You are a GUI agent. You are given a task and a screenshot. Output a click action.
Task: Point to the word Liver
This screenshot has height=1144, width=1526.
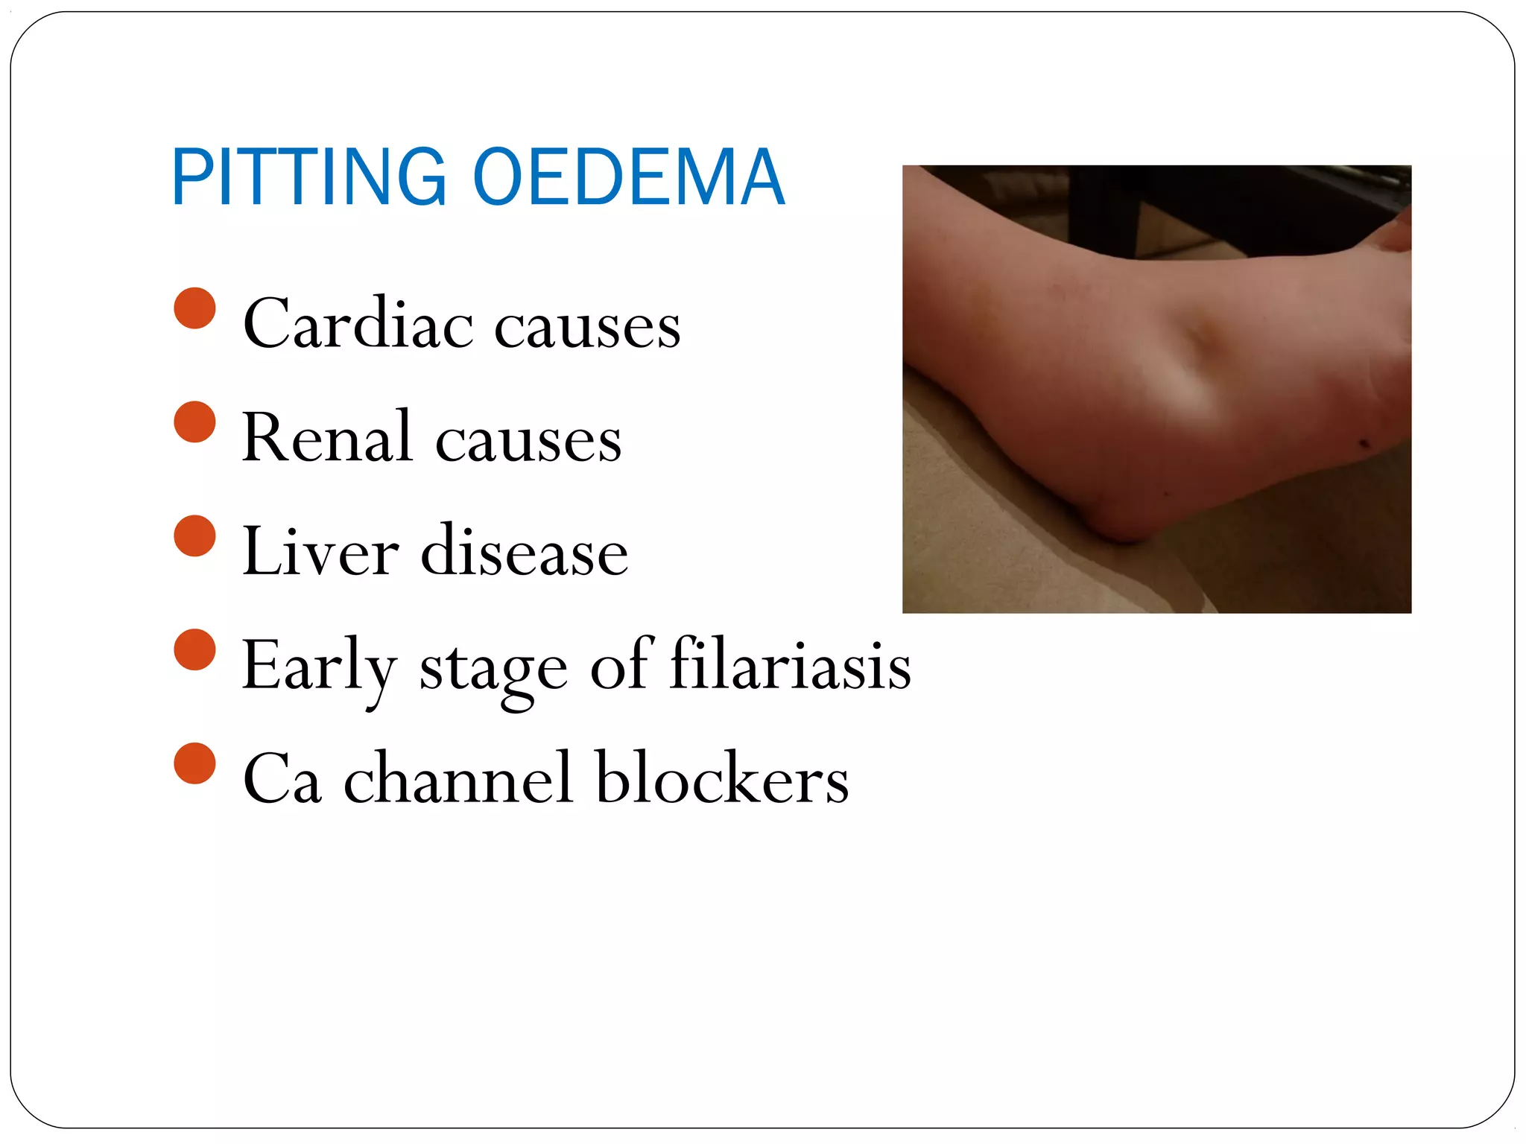tap(320, 552)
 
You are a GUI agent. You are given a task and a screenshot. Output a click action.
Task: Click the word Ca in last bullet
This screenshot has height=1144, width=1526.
tap(282, 779)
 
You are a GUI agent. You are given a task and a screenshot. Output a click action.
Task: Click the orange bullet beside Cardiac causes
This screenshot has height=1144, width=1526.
tap(194, 308)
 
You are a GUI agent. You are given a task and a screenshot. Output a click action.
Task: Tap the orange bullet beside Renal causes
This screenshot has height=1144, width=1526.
tap(194, 422)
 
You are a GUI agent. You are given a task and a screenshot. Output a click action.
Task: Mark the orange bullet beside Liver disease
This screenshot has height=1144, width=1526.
tap(194, 536)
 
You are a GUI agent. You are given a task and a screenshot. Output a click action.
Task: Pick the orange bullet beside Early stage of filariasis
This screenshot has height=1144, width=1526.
tap(194, 650)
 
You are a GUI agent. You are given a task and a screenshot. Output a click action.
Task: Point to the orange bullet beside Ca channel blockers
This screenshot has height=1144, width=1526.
tap(194, 764)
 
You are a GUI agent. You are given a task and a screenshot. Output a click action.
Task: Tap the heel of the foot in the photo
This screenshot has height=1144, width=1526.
tap(1118, 521)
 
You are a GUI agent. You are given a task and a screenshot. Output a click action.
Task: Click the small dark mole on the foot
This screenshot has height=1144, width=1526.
tap(1365, 445)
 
